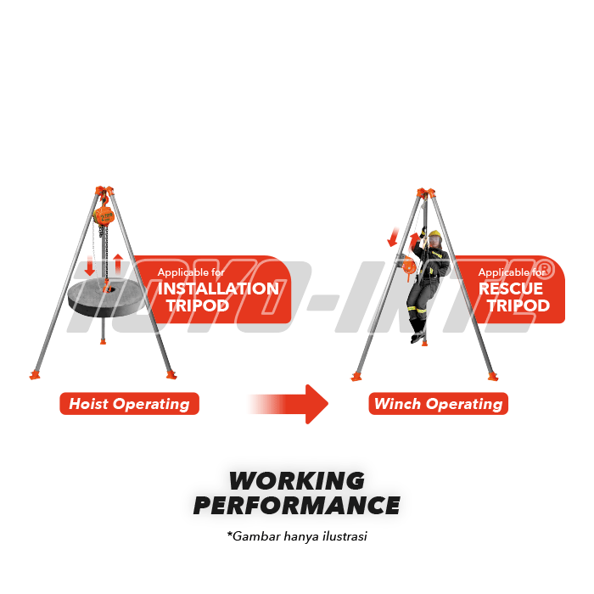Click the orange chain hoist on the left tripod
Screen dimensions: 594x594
tap(104, 216)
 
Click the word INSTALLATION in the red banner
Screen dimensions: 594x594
tap(218, 289)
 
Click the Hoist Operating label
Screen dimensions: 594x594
tap(129, 404)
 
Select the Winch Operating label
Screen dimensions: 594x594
tap(438, 404)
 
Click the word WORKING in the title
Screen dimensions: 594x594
tap(296, 481)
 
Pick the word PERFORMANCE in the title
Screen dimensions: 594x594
tap(296, 506)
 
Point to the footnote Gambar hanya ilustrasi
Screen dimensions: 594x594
tap(296, 536)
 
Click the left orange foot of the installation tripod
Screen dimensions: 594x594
tap(35, 374)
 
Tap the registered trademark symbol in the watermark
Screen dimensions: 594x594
tap(546, 268)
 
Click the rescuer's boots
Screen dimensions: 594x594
tap(417, 336)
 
